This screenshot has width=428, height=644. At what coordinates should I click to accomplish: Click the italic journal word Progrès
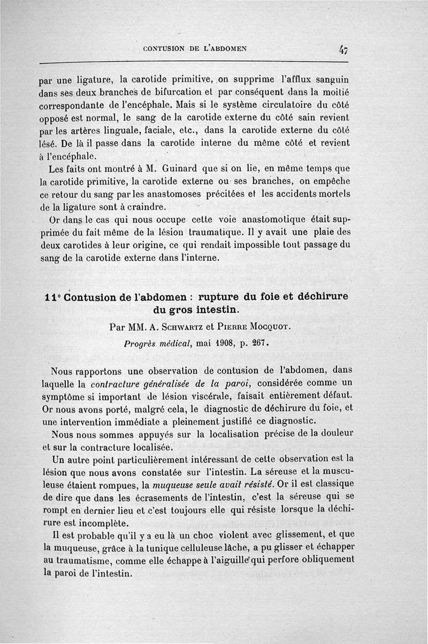click(x=141, y=343)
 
